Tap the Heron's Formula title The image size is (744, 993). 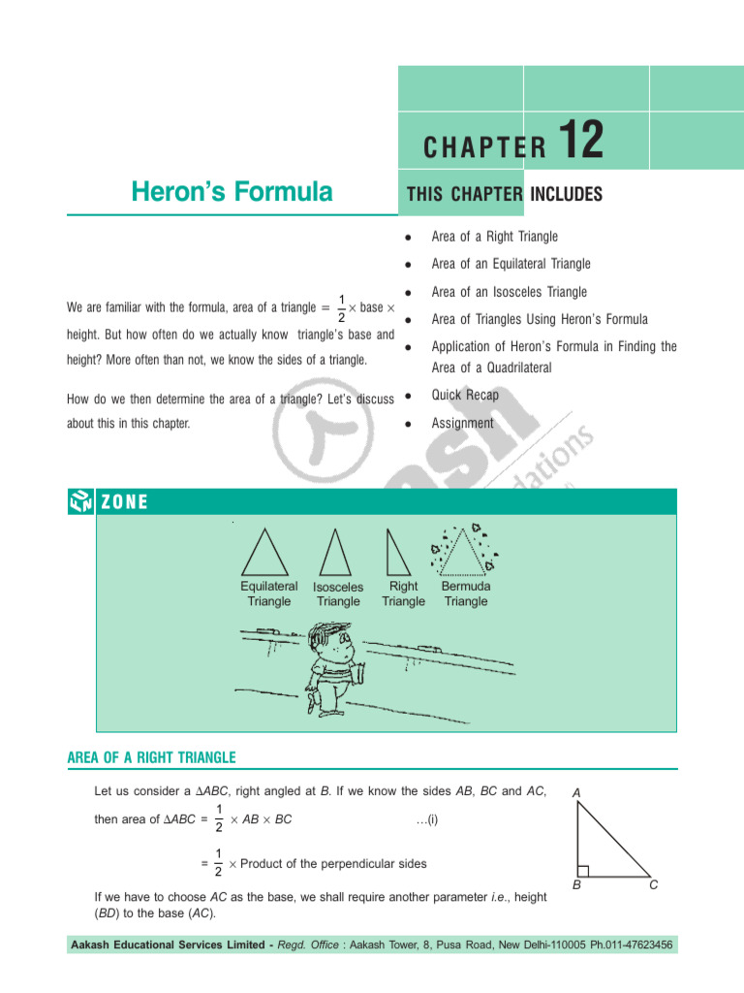232,192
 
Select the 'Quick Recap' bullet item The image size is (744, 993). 465,395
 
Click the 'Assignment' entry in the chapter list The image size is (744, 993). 462,423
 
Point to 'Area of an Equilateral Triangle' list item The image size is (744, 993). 511,264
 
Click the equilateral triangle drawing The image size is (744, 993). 264,554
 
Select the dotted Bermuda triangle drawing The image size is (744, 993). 466,551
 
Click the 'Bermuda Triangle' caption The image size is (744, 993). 466,593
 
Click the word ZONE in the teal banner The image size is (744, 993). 123,501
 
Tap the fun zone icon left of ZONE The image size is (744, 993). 80,501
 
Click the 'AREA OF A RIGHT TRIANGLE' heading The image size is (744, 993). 151,757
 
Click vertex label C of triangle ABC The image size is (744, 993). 654,885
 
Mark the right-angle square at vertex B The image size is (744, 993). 582,870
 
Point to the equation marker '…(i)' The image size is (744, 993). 427,819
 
